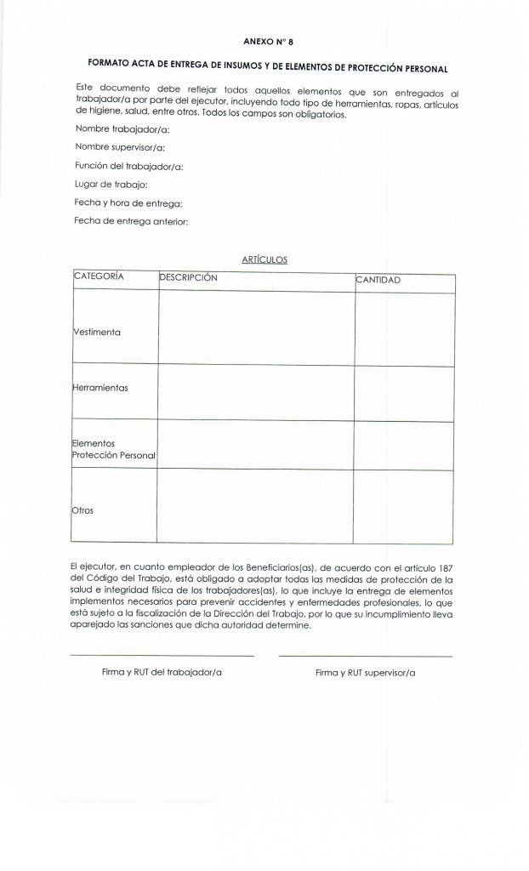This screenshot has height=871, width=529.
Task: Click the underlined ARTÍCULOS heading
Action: pos(265,260)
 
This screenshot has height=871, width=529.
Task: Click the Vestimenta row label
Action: pos(98,332)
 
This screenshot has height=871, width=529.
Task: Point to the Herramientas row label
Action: pos(101,387)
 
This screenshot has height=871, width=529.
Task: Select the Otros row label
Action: pos(84,510)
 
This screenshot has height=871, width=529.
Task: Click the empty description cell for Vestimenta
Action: pos(256,327)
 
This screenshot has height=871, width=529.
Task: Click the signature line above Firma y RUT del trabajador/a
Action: pos(162,656)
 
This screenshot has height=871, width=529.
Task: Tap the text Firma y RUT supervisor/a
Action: pos(366,673)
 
